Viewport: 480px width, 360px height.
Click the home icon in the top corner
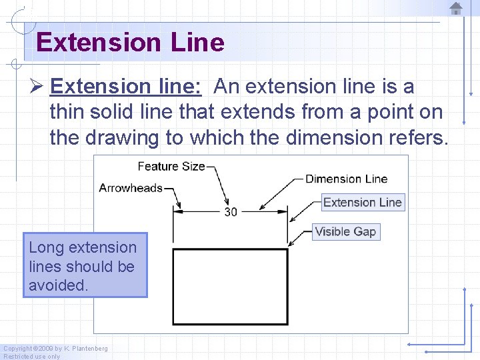click(456, 8)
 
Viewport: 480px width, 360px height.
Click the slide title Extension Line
click(130, 43)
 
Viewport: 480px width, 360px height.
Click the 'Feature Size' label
click(171, 166)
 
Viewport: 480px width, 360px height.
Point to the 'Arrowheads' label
click(131, 188)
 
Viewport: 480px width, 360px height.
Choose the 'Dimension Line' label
click(346, 179)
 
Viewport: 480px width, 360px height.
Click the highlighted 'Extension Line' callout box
click(362, 202)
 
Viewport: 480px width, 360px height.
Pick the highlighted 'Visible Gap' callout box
click(345, 232)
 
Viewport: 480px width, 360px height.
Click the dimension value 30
click(231, 212)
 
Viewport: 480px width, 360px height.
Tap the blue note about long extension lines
click(85, 265)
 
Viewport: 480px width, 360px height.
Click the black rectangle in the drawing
click(230, 286)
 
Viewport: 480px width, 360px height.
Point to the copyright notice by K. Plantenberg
click(55, 348)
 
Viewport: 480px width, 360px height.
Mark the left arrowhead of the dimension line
click(177, 211)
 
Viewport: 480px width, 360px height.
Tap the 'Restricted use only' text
click(31, 356)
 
